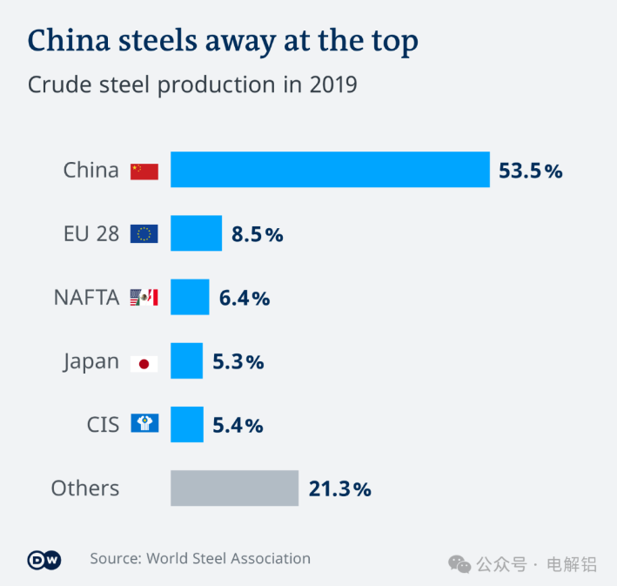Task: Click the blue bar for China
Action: (x=330, y=170)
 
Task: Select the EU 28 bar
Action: (x=196, y=233)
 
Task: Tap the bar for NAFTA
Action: (x=190, y=297)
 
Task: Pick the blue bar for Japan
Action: (x=186, y=360)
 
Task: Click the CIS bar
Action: (x=186, y=424)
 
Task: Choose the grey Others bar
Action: (x=234, y=488)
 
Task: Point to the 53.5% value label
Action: (x=530, y=171)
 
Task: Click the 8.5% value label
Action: (x=257, y=234)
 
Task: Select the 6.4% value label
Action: (x=245, y=298)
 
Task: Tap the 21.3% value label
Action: (x=339, y=489)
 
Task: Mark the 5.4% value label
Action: (x=238, y=425)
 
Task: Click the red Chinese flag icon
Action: (x=144, y=171)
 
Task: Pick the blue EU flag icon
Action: (x=144, y=233)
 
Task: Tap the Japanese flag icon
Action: (x=144, y=362)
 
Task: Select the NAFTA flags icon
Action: (x=144, y=298)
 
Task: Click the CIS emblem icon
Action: (x=144, y=424)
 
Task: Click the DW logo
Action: (x=44, y=560)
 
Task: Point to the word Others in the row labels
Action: (x=85, y=488)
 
